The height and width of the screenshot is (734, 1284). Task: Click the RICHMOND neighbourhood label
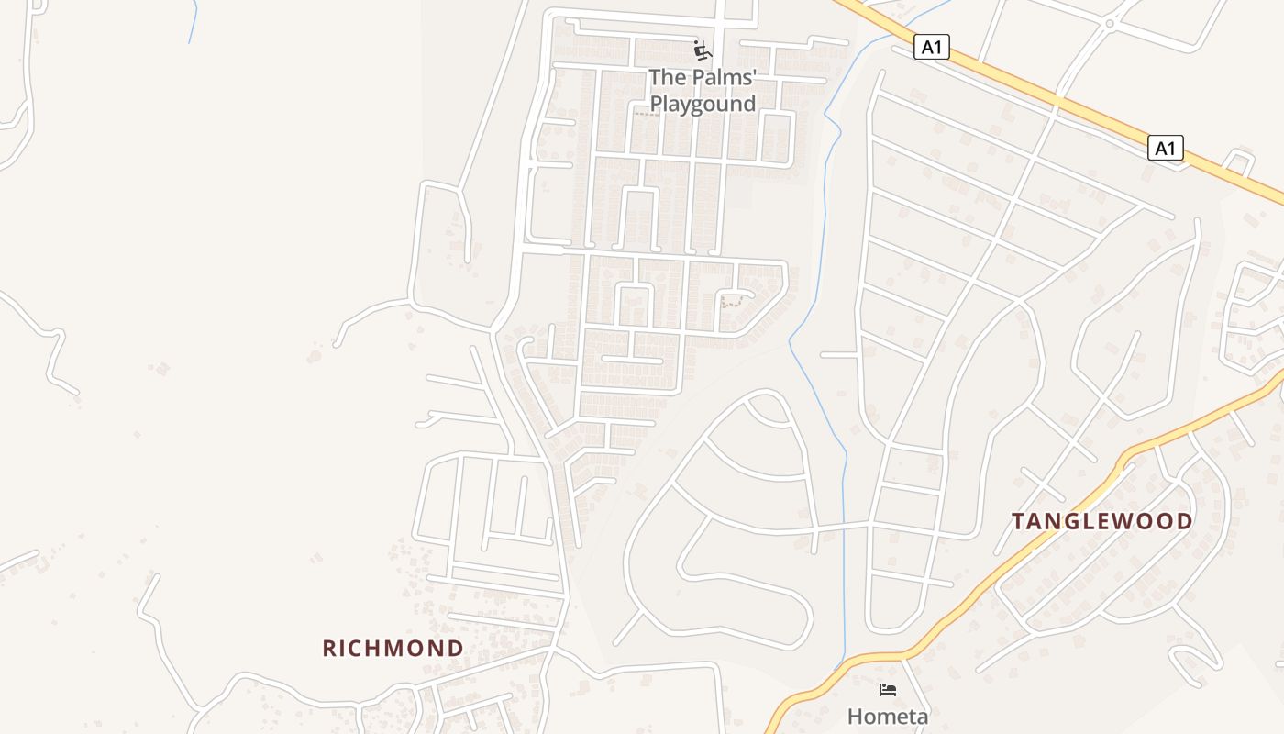point(393,649)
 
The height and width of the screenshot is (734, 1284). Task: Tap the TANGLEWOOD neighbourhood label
point(1101,522)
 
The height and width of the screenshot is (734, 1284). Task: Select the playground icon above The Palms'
point(703,50)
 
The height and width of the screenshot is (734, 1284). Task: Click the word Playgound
point(703,105)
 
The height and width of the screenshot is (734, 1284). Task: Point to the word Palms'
point(721,77)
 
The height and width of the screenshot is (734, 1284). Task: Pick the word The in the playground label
point(667,77)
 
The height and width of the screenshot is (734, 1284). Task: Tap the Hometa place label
point(887,716)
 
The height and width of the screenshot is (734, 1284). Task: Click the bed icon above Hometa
point(887,689)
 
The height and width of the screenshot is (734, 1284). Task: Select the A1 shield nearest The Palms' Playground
point(931,47)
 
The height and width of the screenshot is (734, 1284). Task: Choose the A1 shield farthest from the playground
point(1165,147)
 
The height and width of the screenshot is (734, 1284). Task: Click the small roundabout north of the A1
point(1109,23)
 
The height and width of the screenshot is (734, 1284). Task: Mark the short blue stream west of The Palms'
point(193,20)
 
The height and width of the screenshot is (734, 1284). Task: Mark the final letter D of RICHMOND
point(456,649)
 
